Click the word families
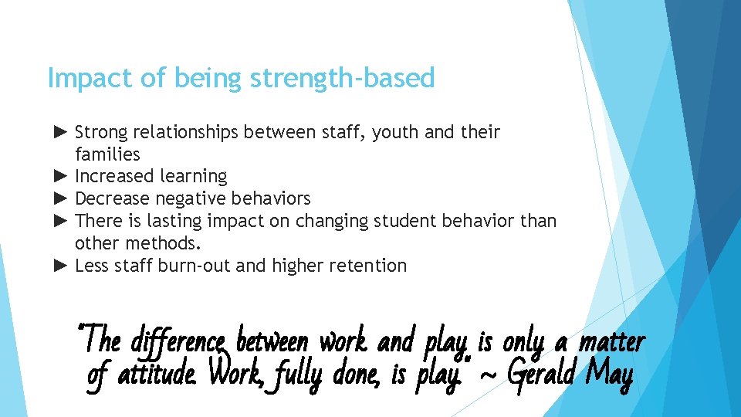pos(107,154)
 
